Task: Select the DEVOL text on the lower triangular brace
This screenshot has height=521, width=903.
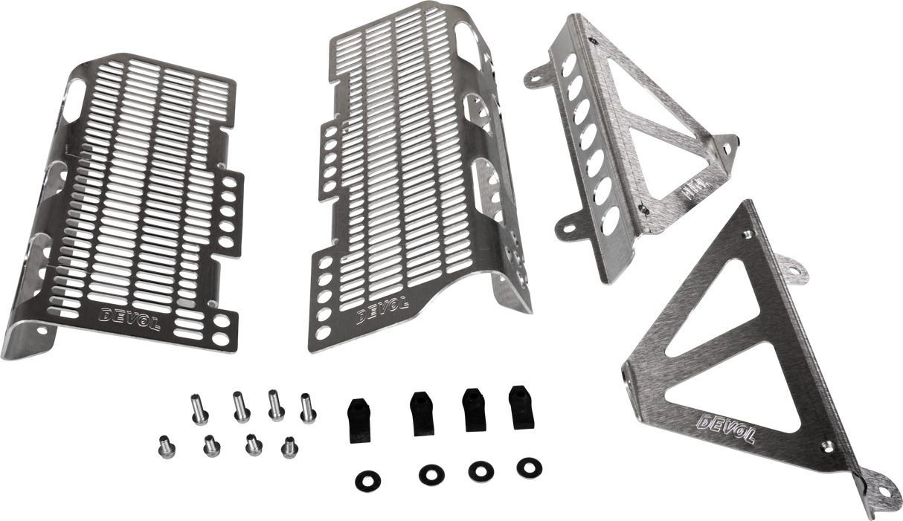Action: [x=725, y=430]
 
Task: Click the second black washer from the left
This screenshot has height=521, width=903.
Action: [x=428, y=472]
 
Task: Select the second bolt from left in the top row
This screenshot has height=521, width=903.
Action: [x=240, y=405]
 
